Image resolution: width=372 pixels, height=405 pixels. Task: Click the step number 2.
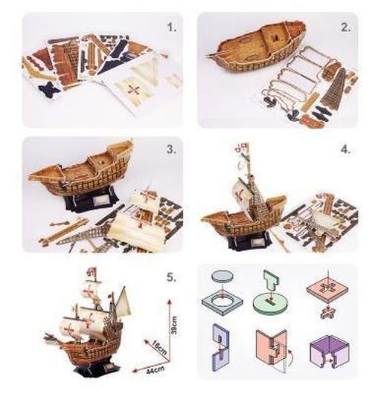point(344,30)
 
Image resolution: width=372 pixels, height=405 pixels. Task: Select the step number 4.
point(345,149)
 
